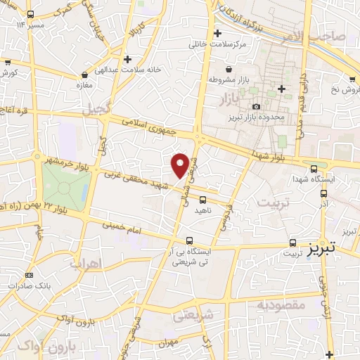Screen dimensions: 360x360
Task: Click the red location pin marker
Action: (x=181, y=165)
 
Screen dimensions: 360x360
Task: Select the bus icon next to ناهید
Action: (x=202, y=199)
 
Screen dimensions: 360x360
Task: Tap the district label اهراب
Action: (x=86, y=264)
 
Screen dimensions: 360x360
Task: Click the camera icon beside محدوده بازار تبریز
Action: (x=256, y=107)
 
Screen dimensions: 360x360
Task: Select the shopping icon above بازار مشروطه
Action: (x=230, y=69)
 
